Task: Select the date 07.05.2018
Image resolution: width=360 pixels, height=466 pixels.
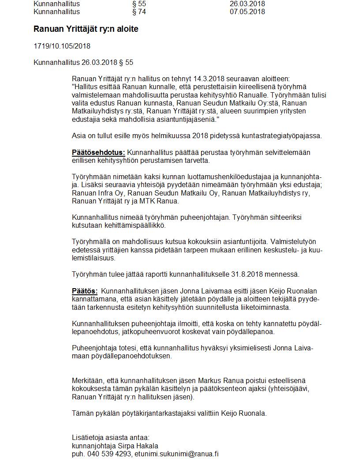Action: click(x=247, y=12)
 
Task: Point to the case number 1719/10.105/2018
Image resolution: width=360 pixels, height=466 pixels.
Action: click(x=62, y=46)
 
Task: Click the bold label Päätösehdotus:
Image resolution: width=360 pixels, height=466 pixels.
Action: click(x=98, y=153)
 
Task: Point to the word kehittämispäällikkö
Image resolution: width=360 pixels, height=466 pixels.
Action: click(x=135, y=225)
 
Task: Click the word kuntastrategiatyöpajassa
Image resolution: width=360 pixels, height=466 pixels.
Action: click(x=284, y=136)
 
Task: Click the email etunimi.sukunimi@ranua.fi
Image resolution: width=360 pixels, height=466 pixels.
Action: click(x=177, y=454)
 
